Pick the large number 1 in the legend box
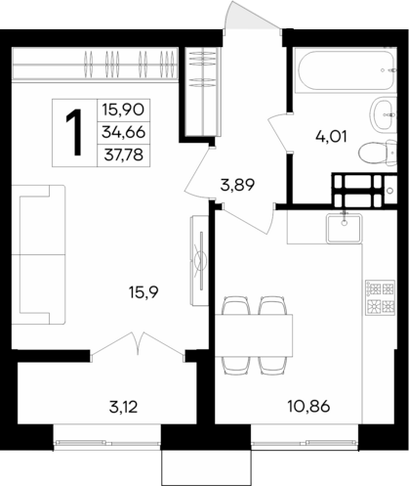[73, 131]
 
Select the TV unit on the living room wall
[197, 258]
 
